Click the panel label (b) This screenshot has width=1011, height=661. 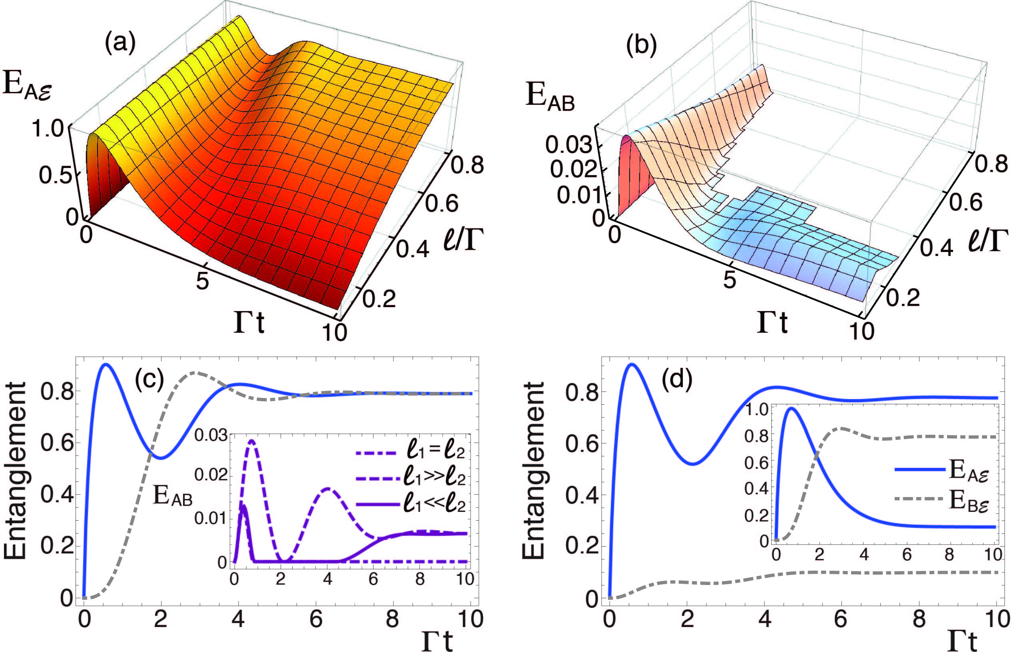tap(642, 46)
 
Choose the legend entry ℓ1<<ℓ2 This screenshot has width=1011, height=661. tap(435, 505)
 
